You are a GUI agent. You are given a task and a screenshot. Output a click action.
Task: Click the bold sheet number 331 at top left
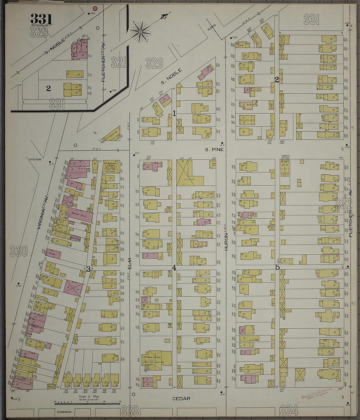click(41, 19)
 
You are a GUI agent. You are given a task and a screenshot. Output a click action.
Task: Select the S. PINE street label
click(214, 150)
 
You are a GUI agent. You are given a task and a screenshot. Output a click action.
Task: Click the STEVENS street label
click(35, 159)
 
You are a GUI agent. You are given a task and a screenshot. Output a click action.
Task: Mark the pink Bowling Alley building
click(80, 215)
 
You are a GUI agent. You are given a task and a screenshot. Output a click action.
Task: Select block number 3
click(88, 269)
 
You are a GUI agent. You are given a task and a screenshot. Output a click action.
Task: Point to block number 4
click(174, 268)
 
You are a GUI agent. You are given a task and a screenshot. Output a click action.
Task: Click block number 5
click(277, 267)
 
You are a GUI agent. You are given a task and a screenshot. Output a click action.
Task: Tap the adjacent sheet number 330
click(18, 251)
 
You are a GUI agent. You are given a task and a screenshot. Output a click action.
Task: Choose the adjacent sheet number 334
click(289, 410)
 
